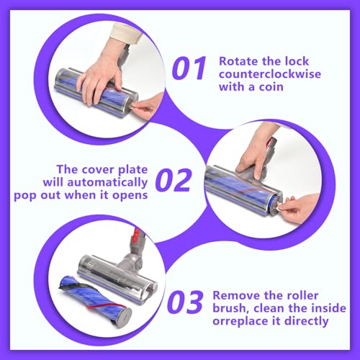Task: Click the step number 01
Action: coord(189,68)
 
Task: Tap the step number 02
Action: coord(174,180)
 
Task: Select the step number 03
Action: coord(185,302)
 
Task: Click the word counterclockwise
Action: coord(270,74)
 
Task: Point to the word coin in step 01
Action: coord(271,86)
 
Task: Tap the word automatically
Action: coord(107,183)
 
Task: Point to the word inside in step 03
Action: coord(331,308)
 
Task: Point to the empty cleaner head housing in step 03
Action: coord(117,279)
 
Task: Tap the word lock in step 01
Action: coord(297,61)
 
